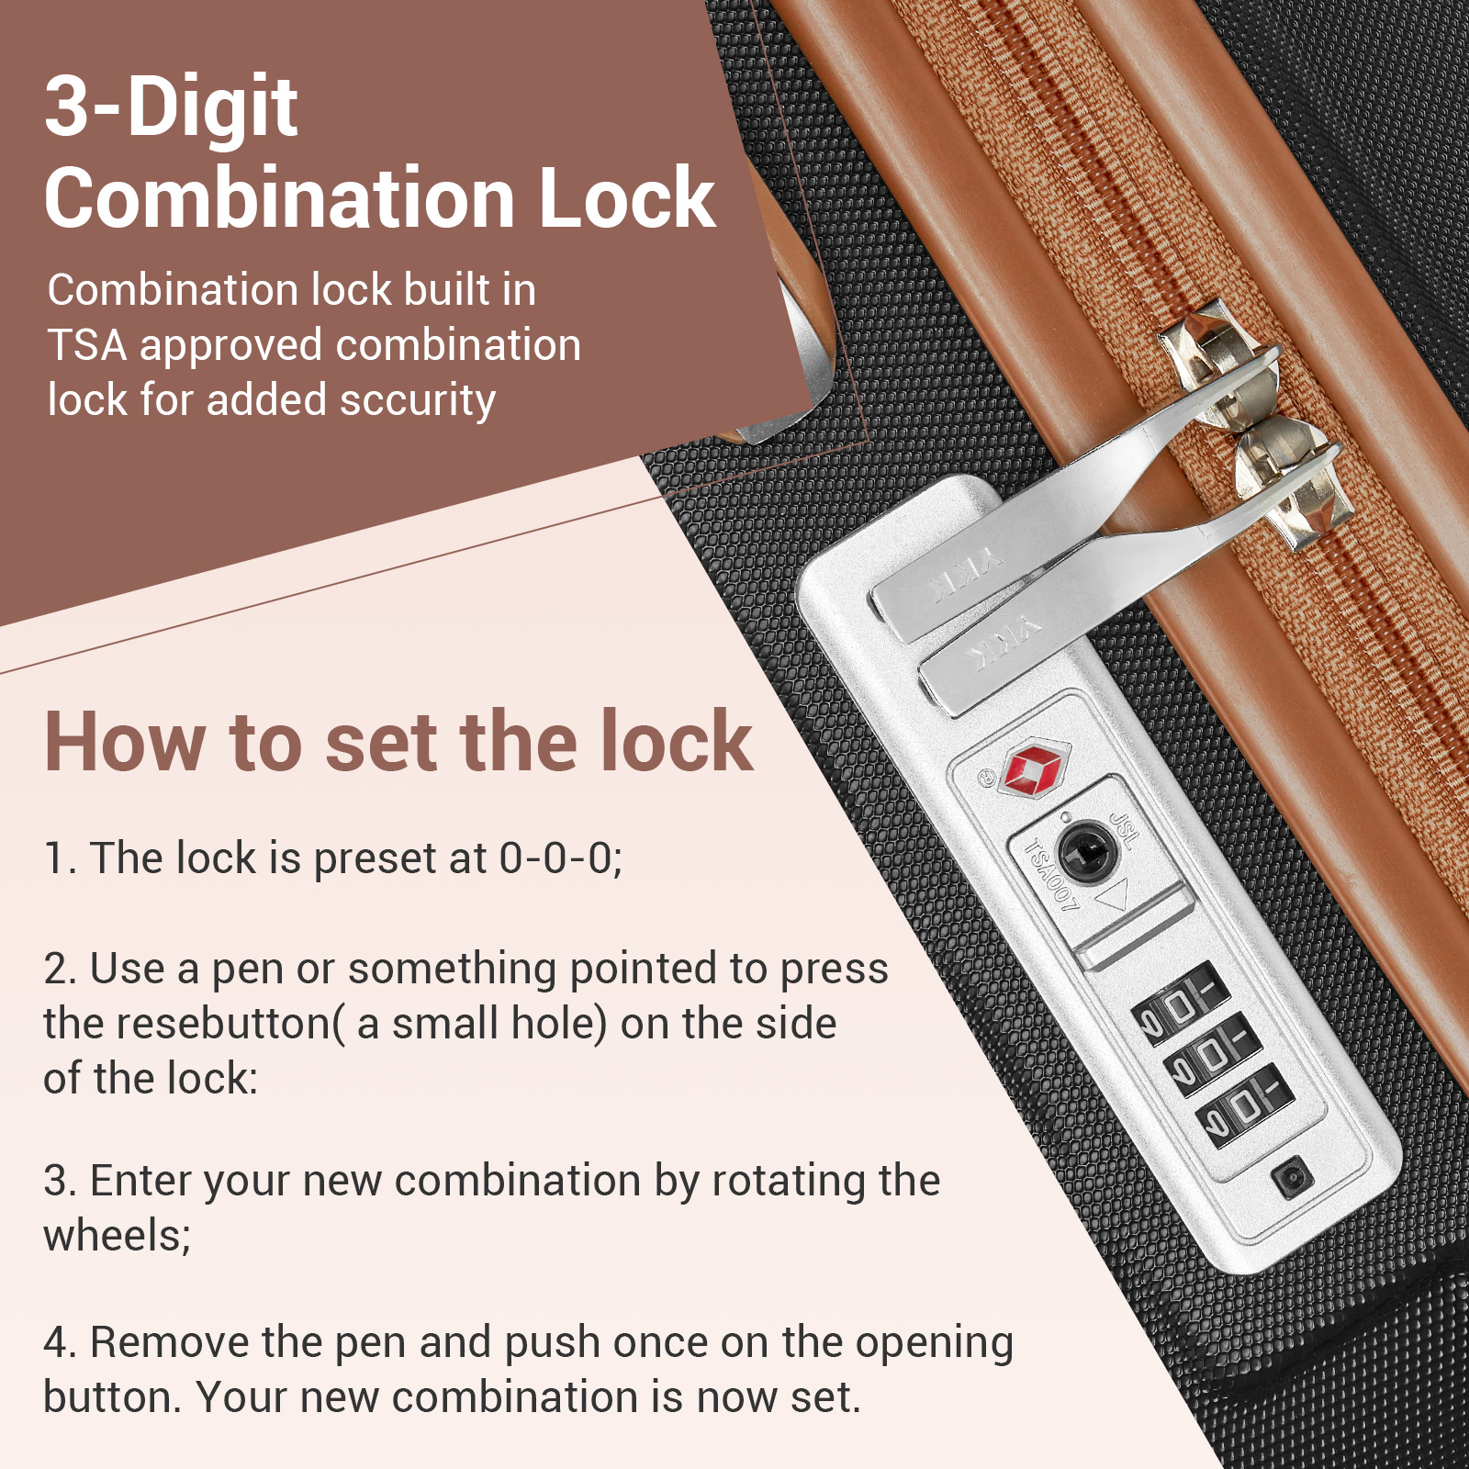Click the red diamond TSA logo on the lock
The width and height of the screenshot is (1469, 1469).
click(1035, 767)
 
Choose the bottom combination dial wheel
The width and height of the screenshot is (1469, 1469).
click(1245, 1105)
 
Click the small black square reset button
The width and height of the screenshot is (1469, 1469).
click(1293, 1178)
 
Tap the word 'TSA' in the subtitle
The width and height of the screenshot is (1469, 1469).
click(87, 346)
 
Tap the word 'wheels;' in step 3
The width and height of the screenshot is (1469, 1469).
click(118, 1236)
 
